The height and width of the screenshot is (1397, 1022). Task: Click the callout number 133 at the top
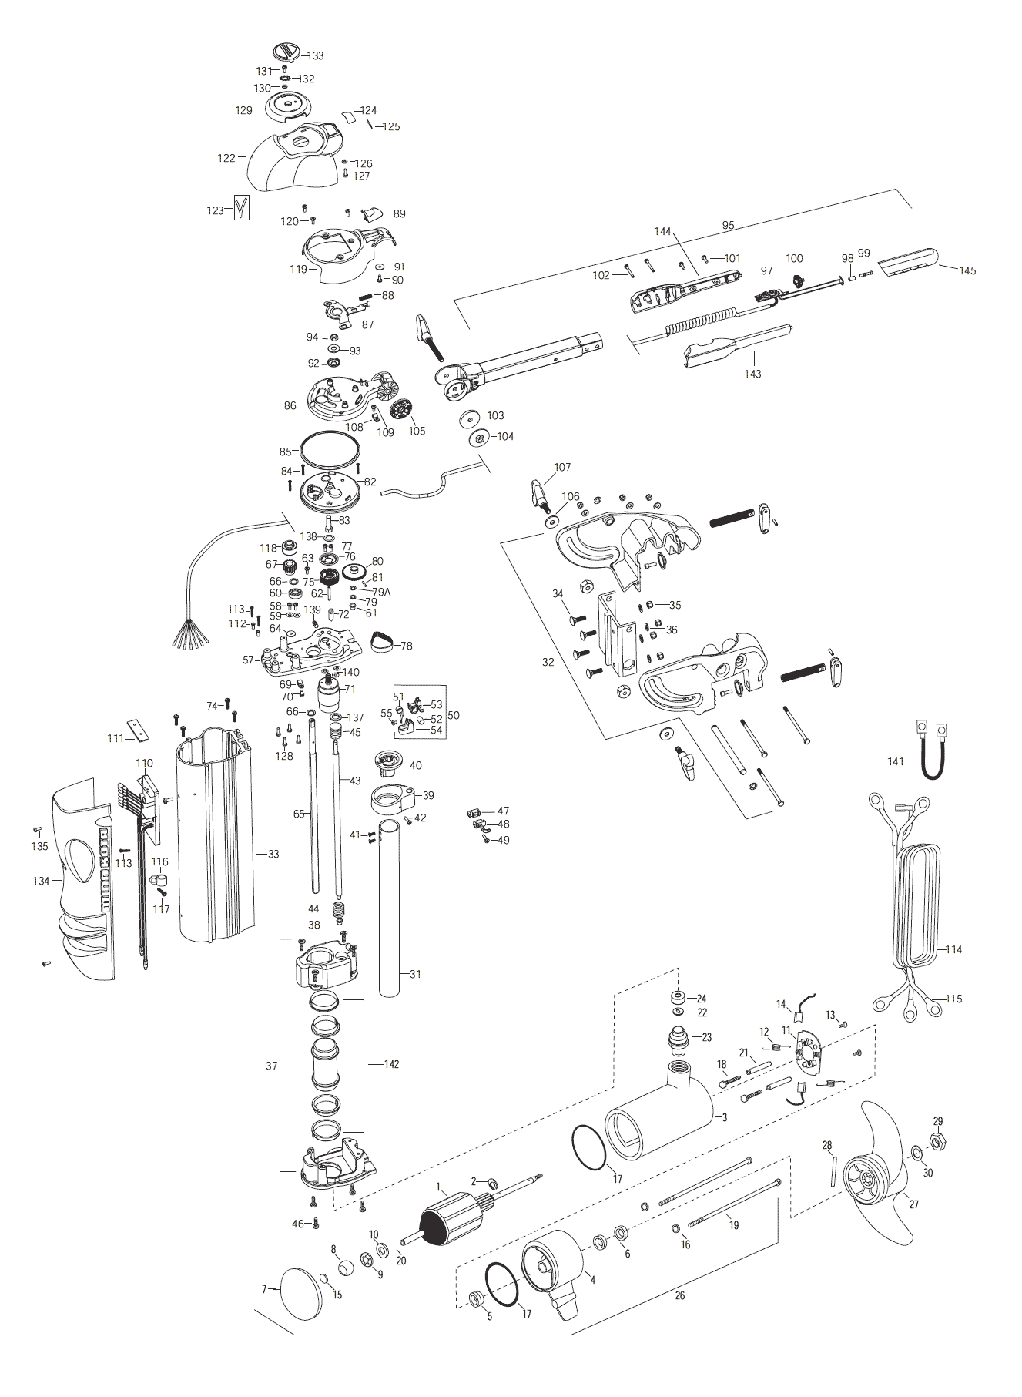pyautogui.click(x=316, y=56)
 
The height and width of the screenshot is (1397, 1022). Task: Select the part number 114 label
pyautogui.click(x=953, y=949)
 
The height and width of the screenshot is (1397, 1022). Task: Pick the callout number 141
pyautogui.click(x=896, y=761)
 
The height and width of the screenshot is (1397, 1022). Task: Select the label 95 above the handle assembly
pyautogui.click(x=728, y=226)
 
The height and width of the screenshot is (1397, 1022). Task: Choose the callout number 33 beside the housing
pyautogui.click(x=273, y=854)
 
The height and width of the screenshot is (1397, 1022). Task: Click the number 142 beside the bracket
pyautogui.click(x=391, y=1064)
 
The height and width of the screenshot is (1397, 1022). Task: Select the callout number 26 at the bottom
pyautogui.click(x=679, y=1295)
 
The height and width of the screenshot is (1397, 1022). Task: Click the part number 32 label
pyautogui.click(x=548, y=662)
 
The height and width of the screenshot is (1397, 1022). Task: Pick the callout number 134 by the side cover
pyautogui.click(x=42, y=881)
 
